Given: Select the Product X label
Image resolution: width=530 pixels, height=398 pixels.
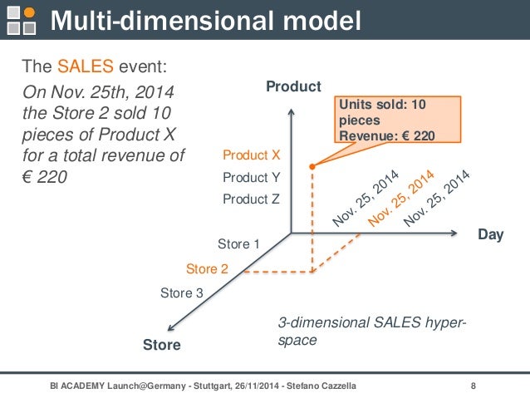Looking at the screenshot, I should pos(252,155).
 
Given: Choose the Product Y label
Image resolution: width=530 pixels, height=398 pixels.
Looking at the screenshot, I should pos(252,177).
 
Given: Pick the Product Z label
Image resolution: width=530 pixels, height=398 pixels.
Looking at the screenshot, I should pos(252,199).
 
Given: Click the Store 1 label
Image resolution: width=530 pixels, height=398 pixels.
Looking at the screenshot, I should pos(239,244).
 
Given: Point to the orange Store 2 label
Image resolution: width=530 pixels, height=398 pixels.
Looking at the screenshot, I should pos(207,268).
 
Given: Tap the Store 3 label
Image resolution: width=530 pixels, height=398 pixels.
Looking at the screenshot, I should pos(181,292).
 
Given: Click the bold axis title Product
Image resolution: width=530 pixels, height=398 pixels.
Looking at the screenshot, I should pos(293,86).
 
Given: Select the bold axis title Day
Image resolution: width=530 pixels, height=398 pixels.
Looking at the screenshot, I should pos(491,235).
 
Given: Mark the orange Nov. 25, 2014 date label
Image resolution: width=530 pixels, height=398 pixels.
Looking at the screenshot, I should pos(401,199).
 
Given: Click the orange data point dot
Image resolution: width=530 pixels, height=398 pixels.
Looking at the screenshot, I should pos(312,167).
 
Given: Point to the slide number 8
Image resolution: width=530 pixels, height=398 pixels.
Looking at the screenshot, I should pos(474,386).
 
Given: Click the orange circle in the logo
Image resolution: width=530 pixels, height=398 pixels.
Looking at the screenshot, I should pos(29,12).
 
